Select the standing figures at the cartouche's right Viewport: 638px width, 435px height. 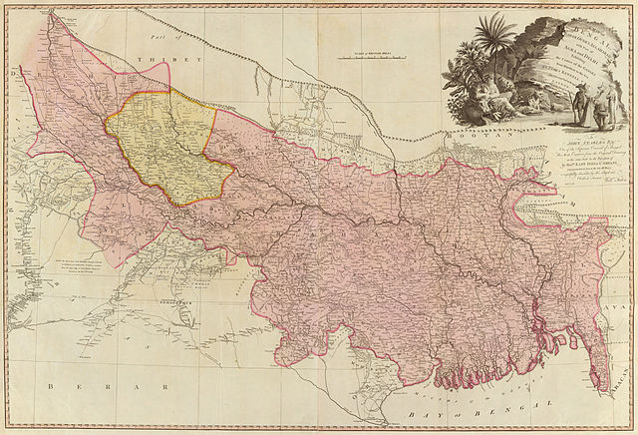click(591, 105)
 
